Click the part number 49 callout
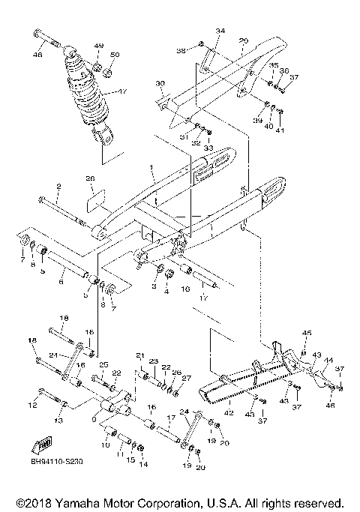tap(98, 46)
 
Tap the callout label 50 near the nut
tap(114, 55)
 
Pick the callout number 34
tap(220, 31)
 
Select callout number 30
tap(159, 83)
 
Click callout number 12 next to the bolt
tap(31, 406)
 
